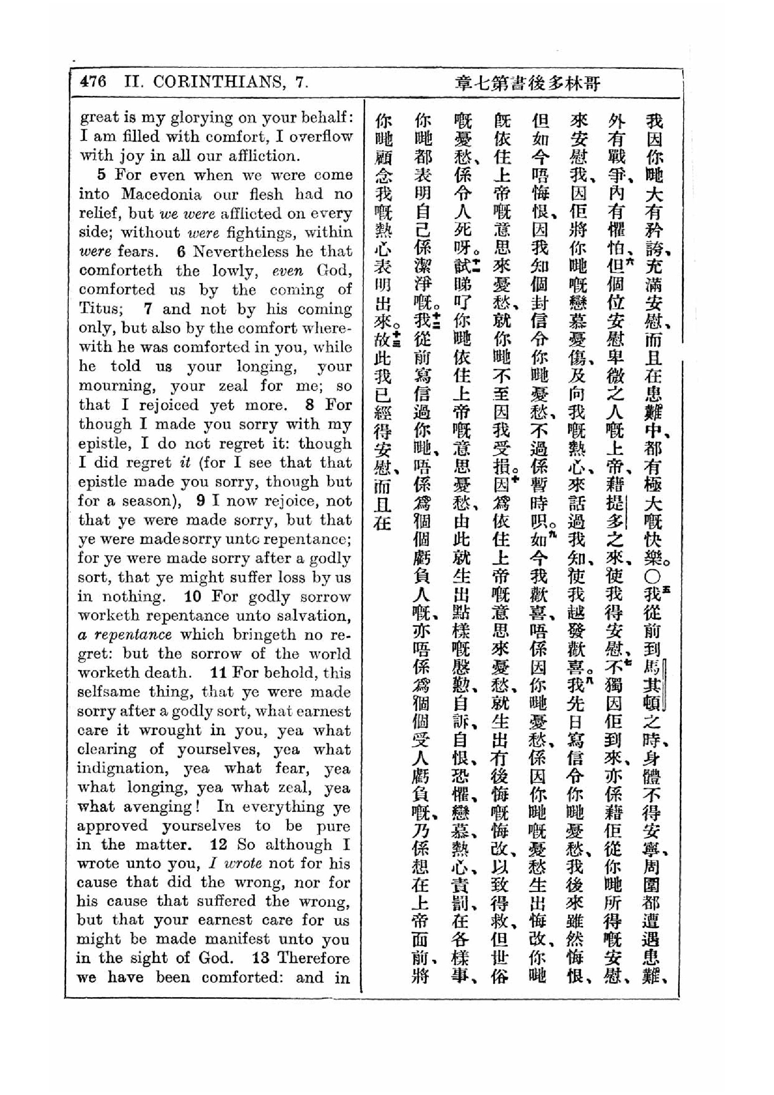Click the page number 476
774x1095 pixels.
(x=94, y=82)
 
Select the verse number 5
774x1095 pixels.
(x=101, y=175)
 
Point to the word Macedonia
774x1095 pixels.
(x=161, y=194)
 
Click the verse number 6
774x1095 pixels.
(x=181, y=251)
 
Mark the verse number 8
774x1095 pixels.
(x=310, y=405)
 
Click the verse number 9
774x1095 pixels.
(x=201, y=501)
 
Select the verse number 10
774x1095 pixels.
(x=193, y=596)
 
